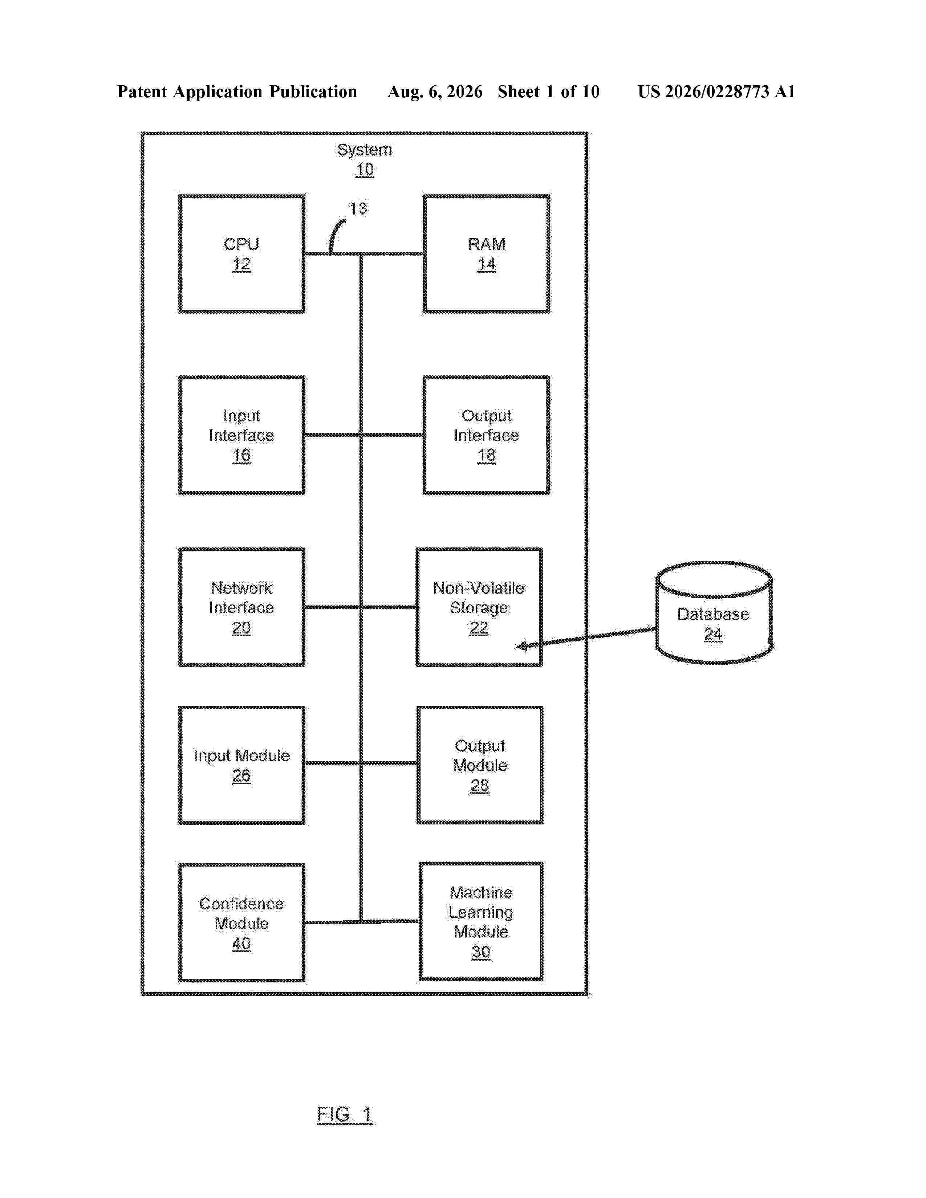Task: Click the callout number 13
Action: click(358, 208)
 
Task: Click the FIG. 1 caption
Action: click(345, 1114)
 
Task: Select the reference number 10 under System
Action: click(365, 170)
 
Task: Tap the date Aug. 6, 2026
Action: click(435, 91)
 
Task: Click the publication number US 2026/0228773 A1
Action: click(716, 91)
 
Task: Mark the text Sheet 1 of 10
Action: click(549, 91)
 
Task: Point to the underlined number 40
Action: click(241, 944)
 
